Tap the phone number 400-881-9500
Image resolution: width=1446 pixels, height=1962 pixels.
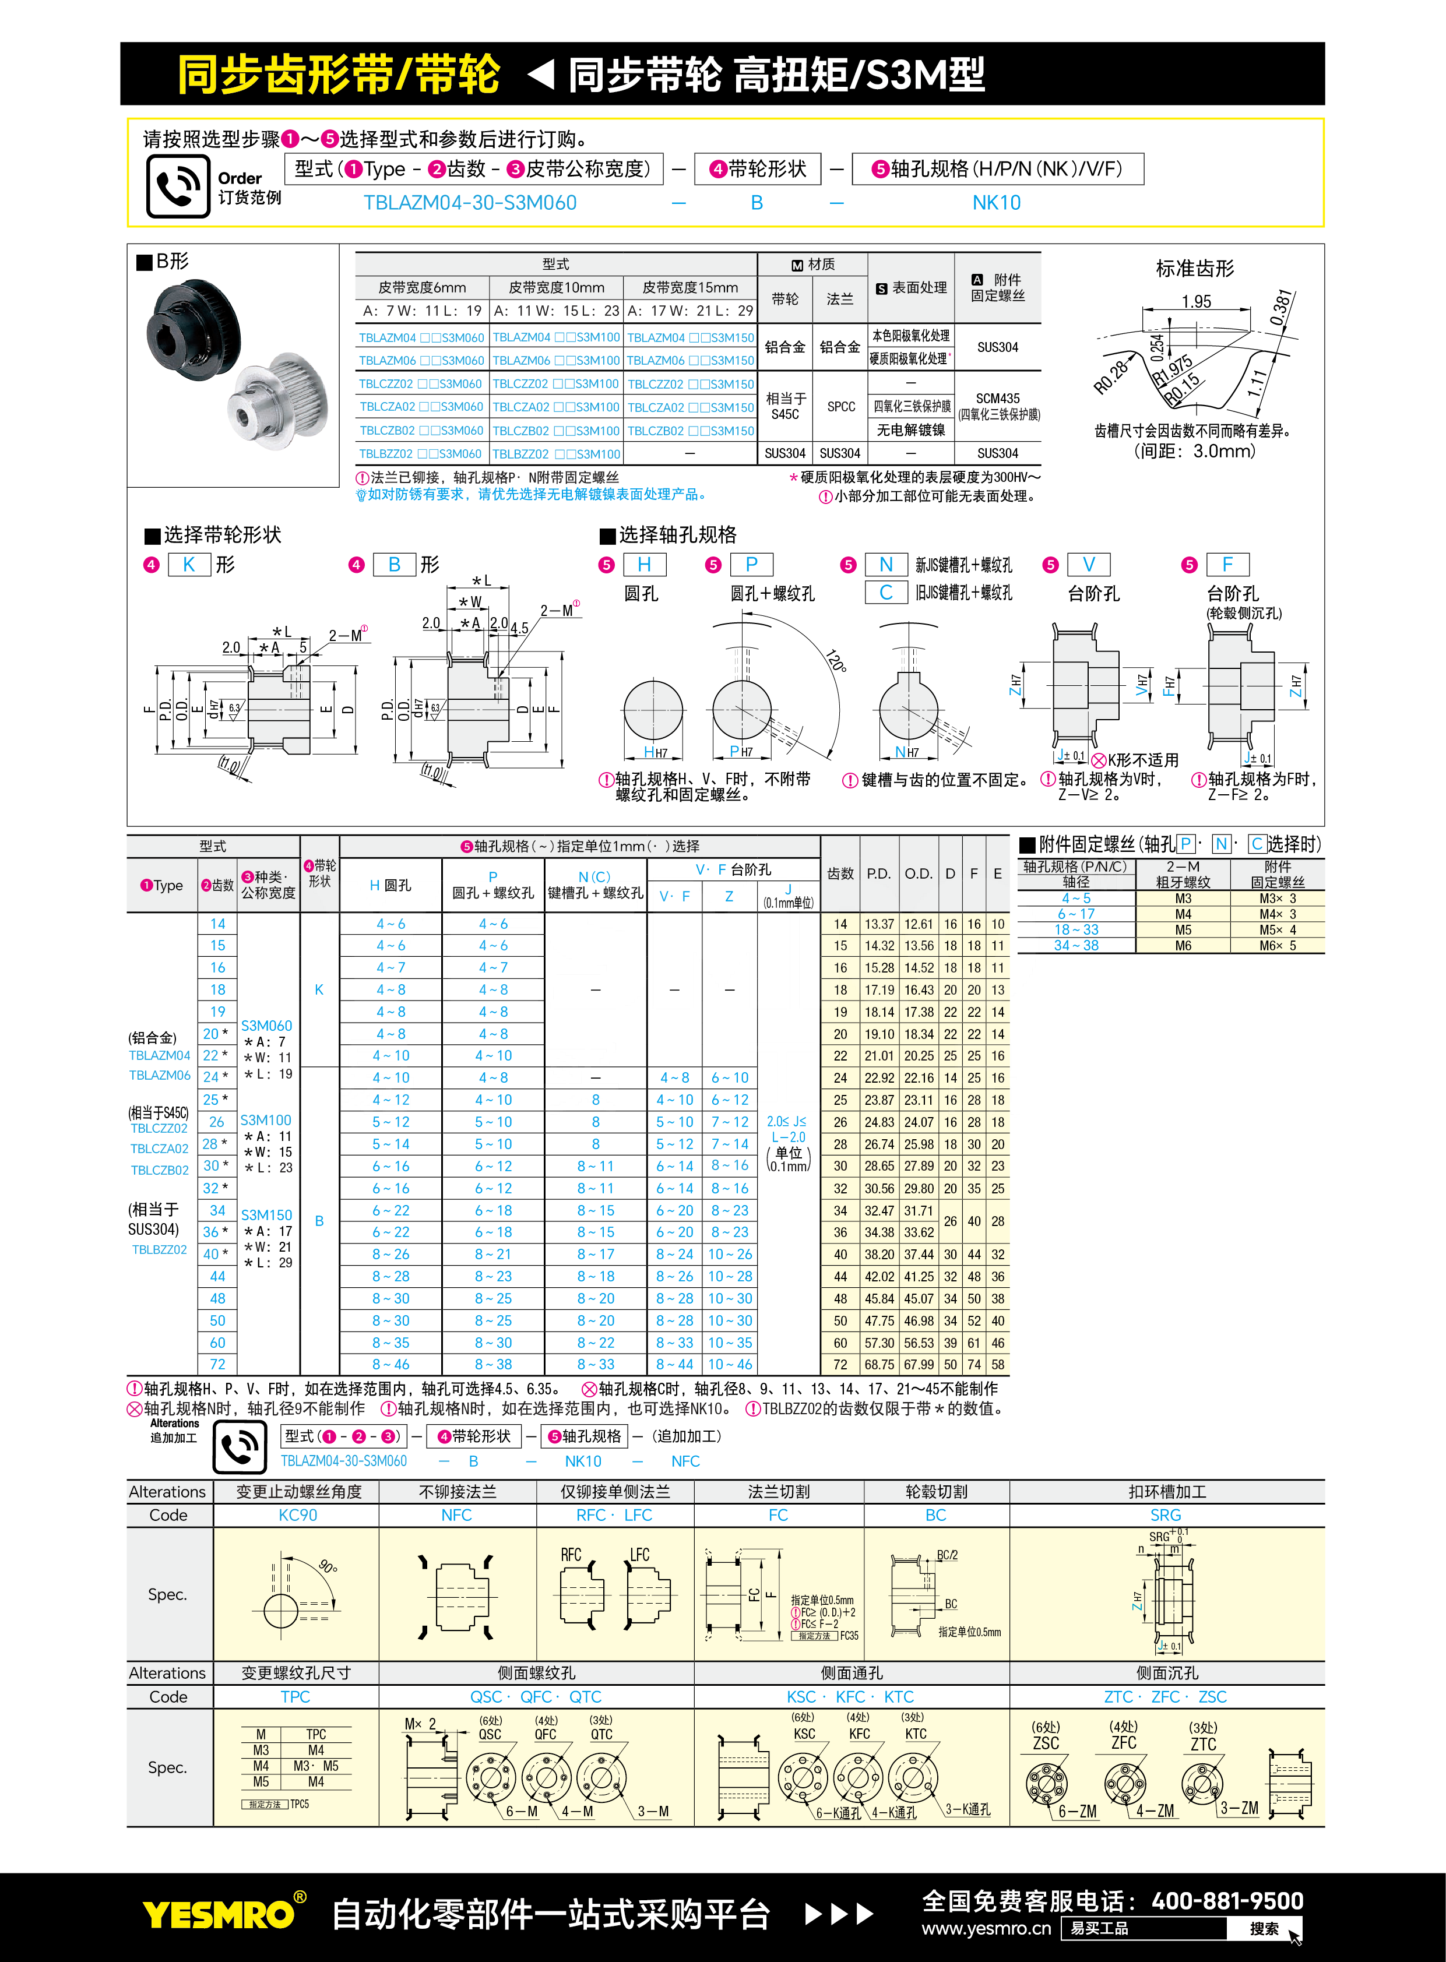[1227, 1901]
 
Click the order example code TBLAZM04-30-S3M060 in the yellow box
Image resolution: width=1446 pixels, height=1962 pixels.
[470, 203]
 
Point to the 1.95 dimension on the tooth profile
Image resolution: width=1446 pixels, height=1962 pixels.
[1195, 302]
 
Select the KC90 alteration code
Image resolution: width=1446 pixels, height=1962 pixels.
[298, 1515]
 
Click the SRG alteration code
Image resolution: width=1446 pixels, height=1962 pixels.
[1165, 1515]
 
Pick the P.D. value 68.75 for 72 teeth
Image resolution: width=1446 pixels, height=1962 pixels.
[879, 1364]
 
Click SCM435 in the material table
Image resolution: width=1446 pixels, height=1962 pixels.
[998, 398]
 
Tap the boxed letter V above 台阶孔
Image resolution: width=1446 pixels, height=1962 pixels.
[1089, 565]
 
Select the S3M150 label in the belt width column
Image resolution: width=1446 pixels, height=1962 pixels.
[266, 1214]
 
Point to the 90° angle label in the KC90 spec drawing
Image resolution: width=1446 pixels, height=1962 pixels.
[328, 1566]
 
